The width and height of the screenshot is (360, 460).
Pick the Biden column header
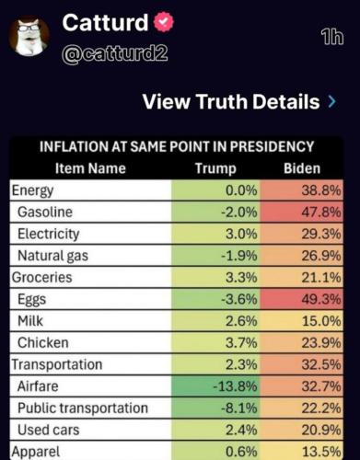(301, 168)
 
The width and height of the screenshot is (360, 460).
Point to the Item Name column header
(90, 168)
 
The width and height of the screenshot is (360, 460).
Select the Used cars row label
(49, 430)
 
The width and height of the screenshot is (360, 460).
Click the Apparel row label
(36, 451)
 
